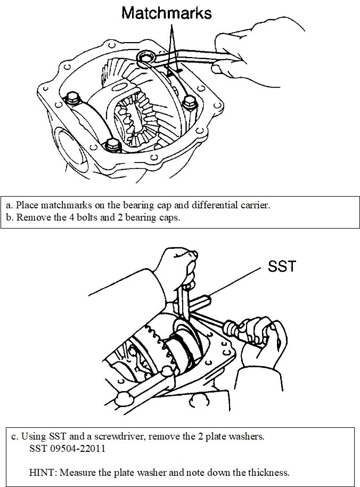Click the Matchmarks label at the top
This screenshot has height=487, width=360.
pos(166,13)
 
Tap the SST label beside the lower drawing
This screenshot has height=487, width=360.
pos(282,266)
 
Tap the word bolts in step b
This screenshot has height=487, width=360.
pos(80,217)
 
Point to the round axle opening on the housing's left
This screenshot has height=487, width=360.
pos(69,143)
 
